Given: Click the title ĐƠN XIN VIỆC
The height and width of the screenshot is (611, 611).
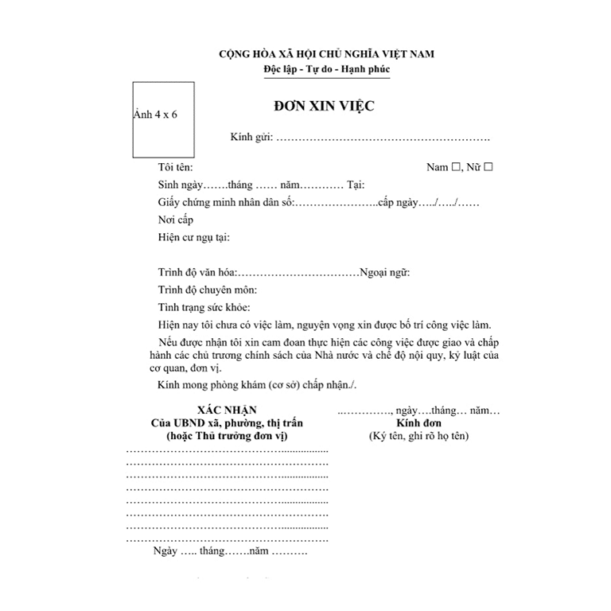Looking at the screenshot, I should click(x=324, y=107).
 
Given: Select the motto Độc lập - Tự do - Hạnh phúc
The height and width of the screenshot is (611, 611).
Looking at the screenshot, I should click(x=327, y=70).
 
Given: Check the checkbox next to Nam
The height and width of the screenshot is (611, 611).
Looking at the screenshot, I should click(x=457, y=167).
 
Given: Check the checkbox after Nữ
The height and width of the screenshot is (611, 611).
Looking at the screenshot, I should click(x=488, y=167).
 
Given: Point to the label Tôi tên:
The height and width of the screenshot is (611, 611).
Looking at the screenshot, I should click(x=175, y=168).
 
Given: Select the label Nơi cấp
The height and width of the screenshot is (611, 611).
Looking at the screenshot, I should click(x=175, y=220).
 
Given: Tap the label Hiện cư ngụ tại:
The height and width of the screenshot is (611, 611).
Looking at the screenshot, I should click(x=194, y=237).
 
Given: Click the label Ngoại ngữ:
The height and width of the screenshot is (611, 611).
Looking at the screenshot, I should click(x=385, y=272).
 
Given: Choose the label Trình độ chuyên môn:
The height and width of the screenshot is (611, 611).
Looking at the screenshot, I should click(x=207, y=290).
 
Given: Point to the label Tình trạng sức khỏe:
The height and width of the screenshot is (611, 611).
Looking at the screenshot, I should click(x=204, y=307).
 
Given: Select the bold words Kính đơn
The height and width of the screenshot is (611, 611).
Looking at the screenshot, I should click(x=418, y=423).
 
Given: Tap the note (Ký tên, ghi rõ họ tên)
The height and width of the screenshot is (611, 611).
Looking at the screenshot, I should click(x=418, y=437).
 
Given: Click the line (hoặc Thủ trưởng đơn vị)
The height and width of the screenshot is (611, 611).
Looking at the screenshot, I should click(x=227, y=437).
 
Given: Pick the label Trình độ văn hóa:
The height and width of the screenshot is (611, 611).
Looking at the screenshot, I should click(x=197, y=272).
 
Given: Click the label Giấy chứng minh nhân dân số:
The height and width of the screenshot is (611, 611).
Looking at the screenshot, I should click(x=227, y=202).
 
